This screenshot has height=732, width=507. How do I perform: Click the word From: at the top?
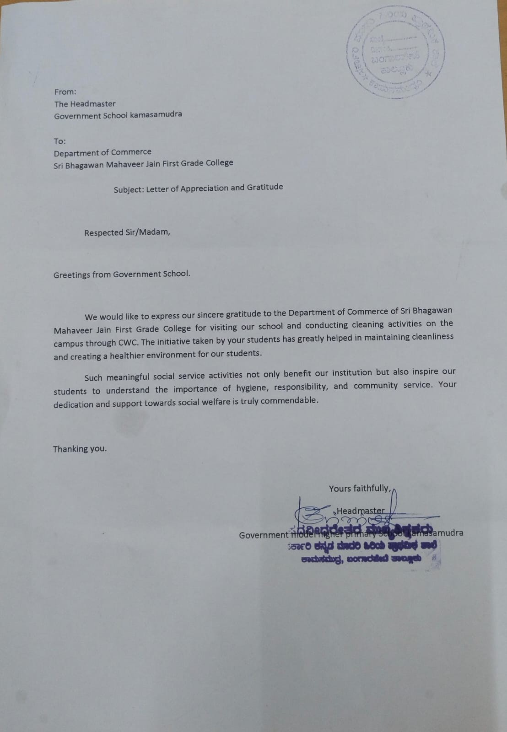(x=65, y=92)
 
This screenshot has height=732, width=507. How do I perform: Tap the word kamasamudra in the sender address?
(x=156, y=114)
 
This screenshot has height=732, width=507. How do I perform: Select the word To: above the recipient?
(x=59, y=141)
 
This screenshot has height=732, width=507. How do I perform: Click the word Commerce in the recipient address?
(x=133, y=152)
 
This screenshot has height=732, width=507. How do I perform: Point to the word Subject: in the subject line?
(x=129, y=189)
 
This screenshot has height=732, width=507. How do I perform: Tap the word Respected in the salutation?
(x=103, y=233)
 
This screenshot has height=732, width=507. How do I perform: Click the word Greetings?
(x=71, y=275)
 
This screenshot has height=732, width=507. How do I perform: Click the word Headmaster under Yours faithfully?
(x=361, y=511)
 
